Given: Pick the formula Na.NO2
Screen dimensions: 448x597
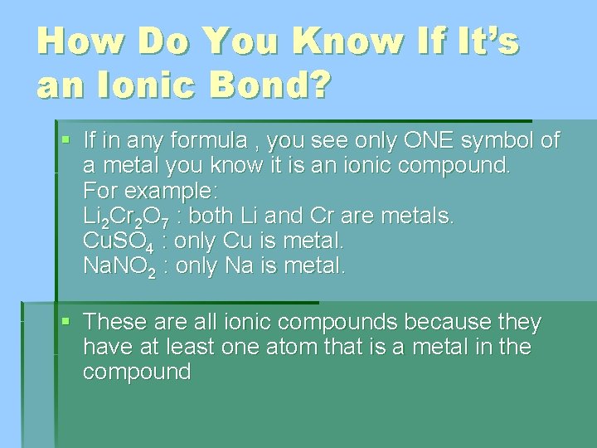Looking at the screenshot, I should pyautogui.click(x=119, y=267).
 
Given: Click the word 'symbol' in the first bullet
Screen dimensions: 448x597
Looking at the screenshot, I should pyautogui.click(x=486, y=140).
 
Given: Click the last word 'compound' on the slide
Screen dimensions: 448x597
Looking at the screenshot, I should pyautogui.click(x=136, y=372).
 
